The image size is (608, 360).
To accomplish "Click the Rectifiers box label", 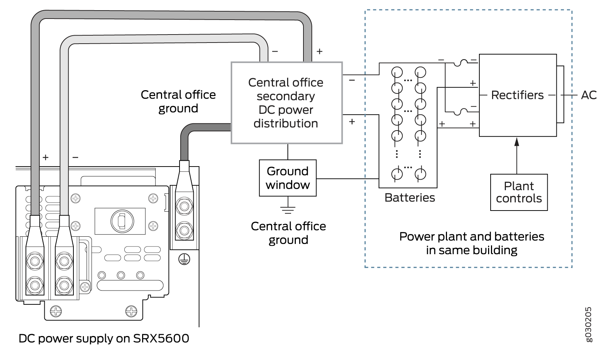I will tap(517, 95).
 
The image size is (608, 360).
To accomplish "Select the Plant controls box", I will tap(519, 192).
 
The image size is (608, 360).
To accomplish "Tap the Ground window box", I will tap(287, 178).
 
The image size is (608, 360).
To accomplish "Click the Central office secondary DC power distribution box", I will tap(286, 103).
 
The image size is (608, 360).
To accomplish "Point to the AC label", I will tap(589, 95).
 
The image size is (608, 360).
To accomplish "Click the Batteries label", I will tap(410, 198).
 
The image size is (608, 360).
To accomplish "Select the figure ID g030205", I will tap(588, 324).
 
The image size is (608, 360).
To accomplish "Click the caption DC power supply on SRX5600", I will tap(104, 339).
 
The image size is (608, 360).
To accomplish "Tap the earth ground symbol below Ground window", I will tap(288, 209).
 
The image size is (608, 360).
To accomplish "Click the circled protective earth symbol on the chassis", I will tap(184, 259).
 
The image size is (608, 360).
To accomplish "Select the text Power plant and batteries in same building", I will tap(471, 243).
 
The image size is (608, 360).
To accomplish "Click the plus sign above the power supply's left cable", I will tap(45, 157).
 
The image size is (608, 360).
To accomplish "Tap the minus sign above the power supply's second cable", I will tap(75, 157).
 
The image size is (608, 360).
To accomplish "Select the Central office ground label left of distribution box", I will tap(178, 101).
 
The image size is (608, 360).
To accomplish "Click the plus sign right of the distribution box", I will tap(352, 122).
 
